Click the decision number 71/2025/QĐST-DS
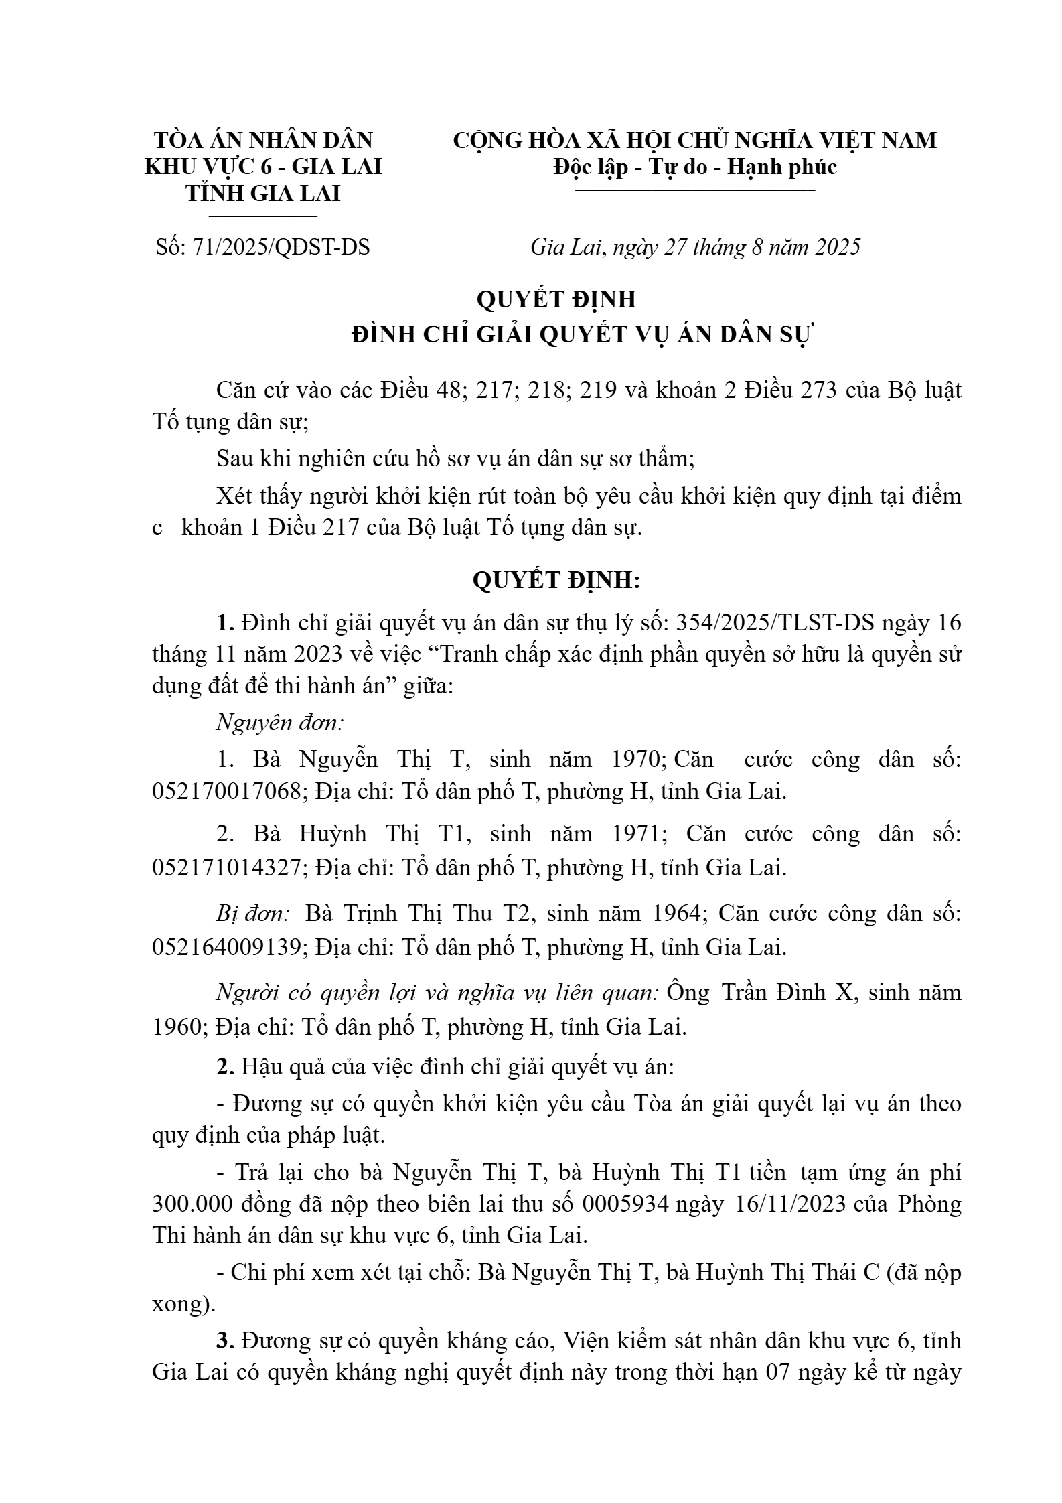pos(281,247)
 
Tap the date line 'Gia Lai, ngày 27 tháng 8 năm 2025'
pos(695,247)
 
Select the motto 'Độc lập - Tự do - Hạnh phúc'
pos(695,166)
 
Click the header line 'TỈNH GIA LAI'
pos(263,193)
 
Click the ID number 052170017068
pos(226,792)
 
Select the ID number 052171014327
pos(226,867)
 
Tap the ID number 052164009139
pos(226,948)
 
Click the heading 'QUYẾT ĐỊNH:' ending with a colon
pos(556,580)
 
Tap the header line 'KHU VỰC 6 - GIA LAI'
pos(263,166)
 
